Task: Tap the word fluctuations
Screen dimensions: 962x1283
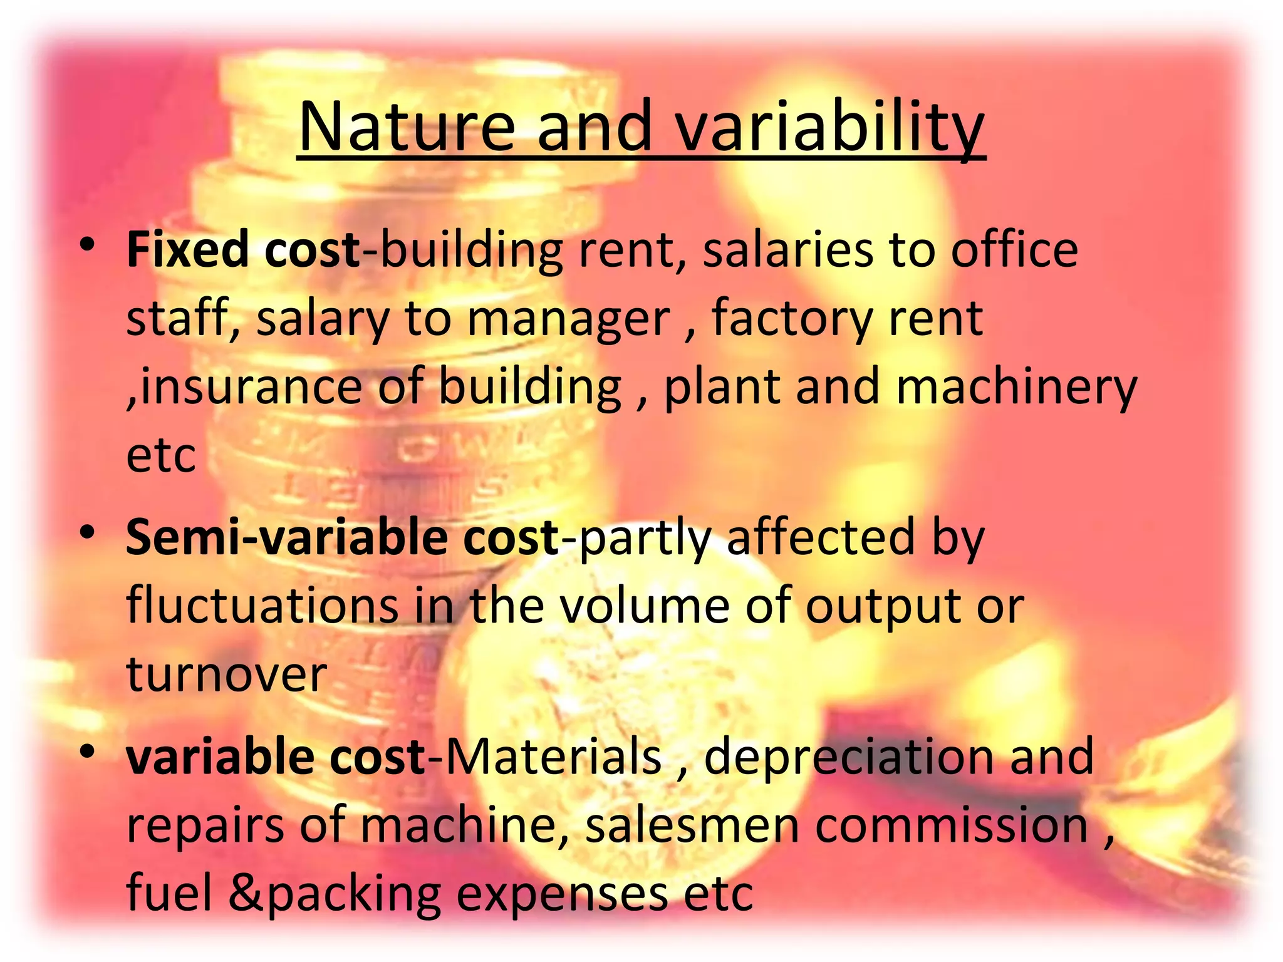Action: tap(262, 606)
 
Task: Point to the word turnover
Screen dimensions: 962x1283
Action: tap(226, 675)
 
